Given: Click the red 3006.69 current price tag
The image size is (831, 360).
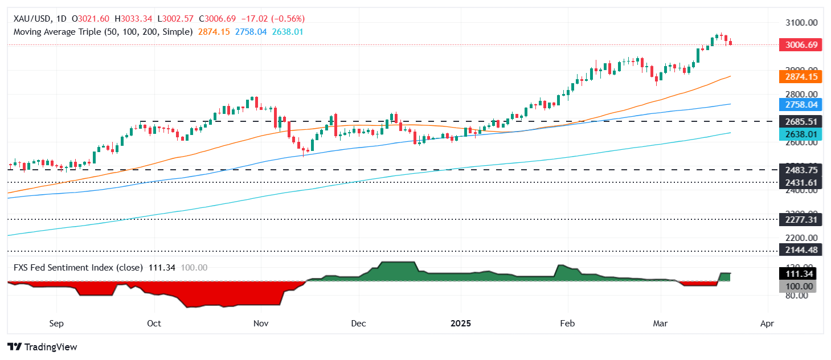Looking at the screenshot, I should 800,44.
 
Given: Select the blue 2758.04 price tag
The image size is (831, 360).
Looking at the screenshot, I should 800,105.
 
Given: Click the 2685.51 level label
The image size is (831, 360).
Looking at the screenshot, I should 800,121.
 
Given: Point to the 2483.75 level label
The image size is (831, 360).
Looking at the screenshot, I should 800,170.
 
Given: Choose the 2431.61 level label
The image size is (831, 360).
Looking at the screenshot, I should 800,182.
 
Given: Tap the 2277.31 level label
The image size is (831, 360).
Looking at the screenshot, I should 800,219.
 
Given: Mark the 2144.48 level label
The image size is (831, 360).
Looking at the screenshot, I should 800,251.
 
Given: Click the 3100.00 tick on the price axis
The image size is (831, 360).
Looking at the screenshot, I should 800,22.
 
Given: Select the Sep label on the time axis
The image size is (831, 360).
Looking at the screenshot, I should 55,324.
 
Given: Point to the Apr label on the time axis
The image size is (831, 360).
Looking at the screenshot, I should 767,324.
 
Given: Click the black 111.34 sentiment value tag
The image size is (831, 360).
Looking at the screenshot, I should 800,274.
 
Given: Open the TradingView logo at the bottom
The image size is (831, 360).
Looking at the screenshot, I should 42,347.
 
